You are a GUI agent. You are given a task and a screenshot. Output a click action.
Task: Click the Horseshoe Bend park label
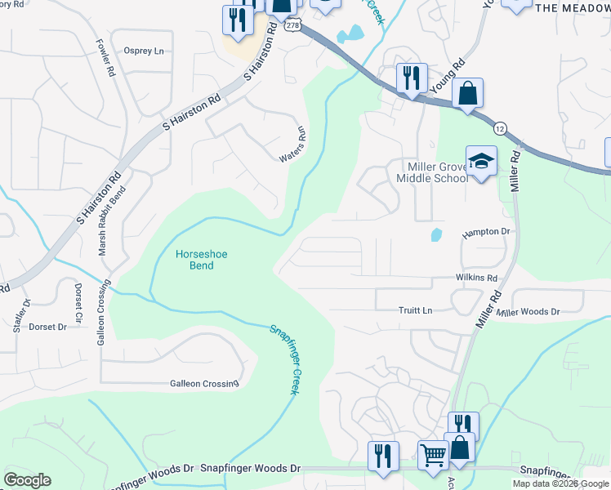[202, 261]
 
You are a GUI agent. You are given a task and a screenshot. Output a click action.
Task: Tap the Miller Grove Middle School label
[430, 172]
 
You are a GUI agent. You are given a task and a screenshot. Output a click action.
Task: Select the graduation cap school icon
[481, 160]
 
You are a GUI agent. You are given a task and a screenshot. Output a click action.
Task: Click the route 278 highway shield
[293, 26]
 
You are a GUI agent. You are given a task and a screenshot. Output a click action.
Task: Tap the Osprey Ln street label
[144, 51]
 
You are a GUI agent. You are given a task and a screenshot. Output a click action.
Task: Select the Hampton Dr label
[485, 232]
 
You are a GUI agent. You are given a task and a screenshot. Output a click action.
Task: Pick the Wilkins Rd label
[476, 278]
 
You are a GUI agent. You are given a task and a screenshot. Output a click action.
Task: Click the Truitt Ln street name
[416, 310]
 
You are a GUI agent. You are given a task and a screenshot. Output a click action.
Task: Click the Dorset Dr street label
[47, 327]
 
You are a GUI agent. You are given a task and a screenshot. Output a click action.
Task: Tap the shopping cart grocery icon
[433, 455]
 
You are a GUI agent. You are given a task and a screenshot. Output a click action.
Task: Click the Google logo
[27, 480]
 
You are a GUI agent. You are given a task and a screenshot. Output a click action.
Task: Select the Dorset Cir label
[78, 301]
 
